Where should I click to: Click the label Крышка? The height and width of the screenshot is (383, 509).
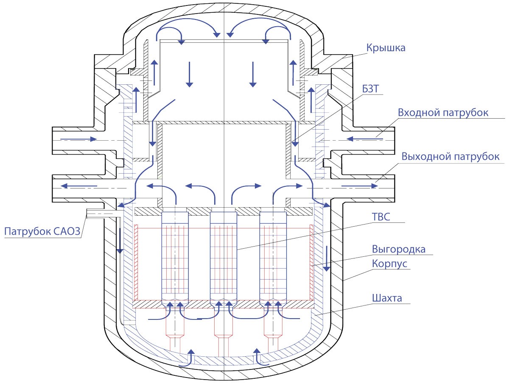(386, 48)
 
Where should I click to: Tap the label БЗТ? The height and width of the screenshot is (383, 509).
(371, 89)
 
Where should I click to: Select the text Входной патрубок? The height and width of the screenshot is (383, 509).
(443, 113)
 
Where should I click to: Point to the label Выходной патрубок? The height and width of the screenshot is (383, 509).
(450, 156)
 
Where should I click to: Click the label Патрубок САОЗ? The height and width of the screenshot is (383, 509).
(42, 231)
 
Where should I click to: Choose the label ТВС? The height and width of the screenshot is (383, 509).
(381, 217)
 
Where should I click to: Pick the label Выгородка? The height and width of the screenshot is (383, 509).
(399, 250)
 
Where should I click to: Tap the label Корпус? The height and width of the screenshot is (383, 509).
(389, 264)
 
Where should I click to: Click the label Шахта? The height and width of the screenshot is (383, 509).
(387, 298)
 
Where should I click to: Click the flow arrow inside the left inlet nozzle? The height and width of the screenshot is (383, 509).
(78, 139)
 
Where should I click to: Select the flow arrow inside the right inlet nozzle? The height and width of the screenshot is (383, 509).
(365, 139)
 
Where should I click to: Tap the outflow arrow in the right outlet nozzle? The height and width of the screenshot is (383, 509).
(359, 186)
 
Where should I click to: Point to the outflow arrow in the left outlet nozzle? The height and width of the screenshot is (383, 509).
(79, 186)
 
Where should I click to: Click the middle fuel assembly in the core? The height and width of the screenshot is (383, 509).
(223, 259)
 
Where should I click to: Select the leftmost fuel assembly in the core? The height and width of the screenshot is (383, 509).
(175, 259)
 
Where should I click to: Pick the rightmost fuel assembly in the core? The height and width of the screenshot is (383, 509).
(273, 259)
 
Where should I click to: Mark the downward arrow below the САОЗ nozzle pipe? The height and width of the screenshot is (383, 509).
(120, 241)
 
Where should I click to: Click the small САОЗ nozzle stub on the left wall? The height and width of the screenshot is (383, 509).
(101, 213)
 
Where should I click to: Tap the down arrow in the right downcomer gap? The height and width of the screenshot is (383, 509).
(327, 259)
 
